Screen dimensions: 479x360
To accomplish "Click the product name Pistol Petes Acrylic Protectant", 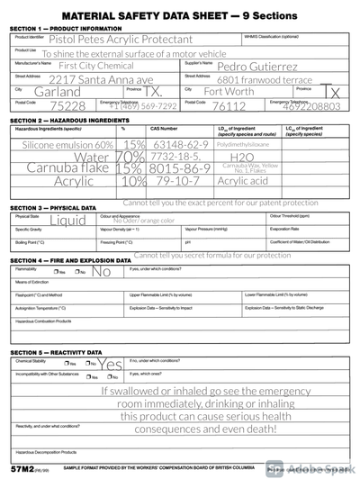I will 121,40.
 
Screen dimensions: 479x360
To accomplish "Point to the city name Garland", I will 50,92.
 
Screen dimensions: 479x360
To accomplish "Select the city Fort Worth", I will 229,92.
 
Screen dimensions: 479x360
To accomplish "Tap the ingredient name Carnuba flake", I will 69,167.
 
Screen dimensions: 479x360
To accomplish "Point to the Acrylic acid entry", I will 243,180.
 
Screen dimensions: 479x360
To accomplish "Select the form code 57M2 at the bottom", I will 22,469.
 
